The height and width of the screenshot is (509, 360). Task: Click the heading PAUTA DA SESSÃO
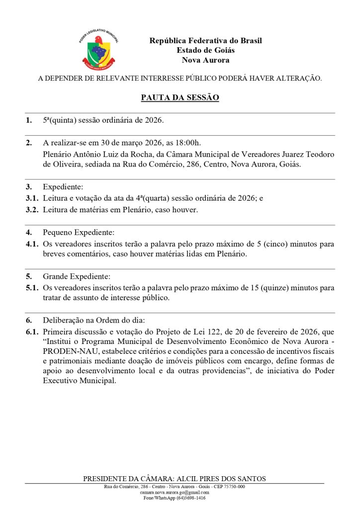[x=180, y=97]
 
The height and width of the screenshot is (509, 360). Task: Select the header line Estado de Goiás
[x=205, y=50]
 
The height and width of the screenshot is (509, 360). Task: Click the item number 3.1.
[x=32, y=198]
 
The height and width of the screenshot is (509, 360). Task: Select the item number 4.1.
[x=32, y=244]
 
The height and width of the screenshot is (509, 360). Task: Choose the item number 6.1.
[x=32, y=332]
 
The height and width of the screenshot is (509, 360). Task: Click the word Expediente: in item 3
[x=63, y=187]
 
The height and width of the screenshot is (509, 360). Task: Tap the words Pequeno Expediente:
[x=79, y=232]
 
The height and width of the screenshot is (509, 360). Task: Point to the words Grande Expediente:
[x=77, y=276]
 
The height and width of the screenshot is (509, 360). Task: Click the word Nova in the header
[x=192, y=60]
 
